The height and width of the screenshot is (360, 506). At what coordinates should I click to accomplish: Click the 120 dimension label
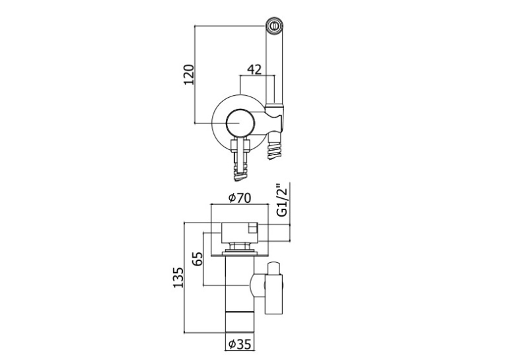click(190, 75)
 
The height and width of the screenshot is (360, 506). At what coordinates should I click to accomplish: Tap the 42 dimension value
click(254, 69)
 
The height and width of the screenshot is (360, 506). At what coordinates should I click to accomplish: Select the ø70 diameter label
click(239, 198)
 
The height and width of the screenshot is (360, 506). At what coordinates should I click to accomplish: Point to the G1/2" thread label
click(281, 200)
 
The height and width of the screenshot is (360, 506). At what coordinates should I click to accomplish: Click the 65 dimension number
click(198, 258)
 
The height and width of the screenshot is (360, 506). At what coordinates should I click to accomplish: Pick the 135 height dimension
click(178, 277)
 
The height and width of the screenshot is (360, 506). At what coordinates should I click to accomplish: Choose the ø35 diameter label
click(239, 345)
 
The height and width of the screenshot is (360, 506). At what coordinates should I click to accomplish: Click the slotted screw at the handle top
click(275, 26)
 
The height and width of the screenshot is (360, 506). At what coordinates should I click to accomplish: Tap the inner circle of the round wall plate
click(240, 124)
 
